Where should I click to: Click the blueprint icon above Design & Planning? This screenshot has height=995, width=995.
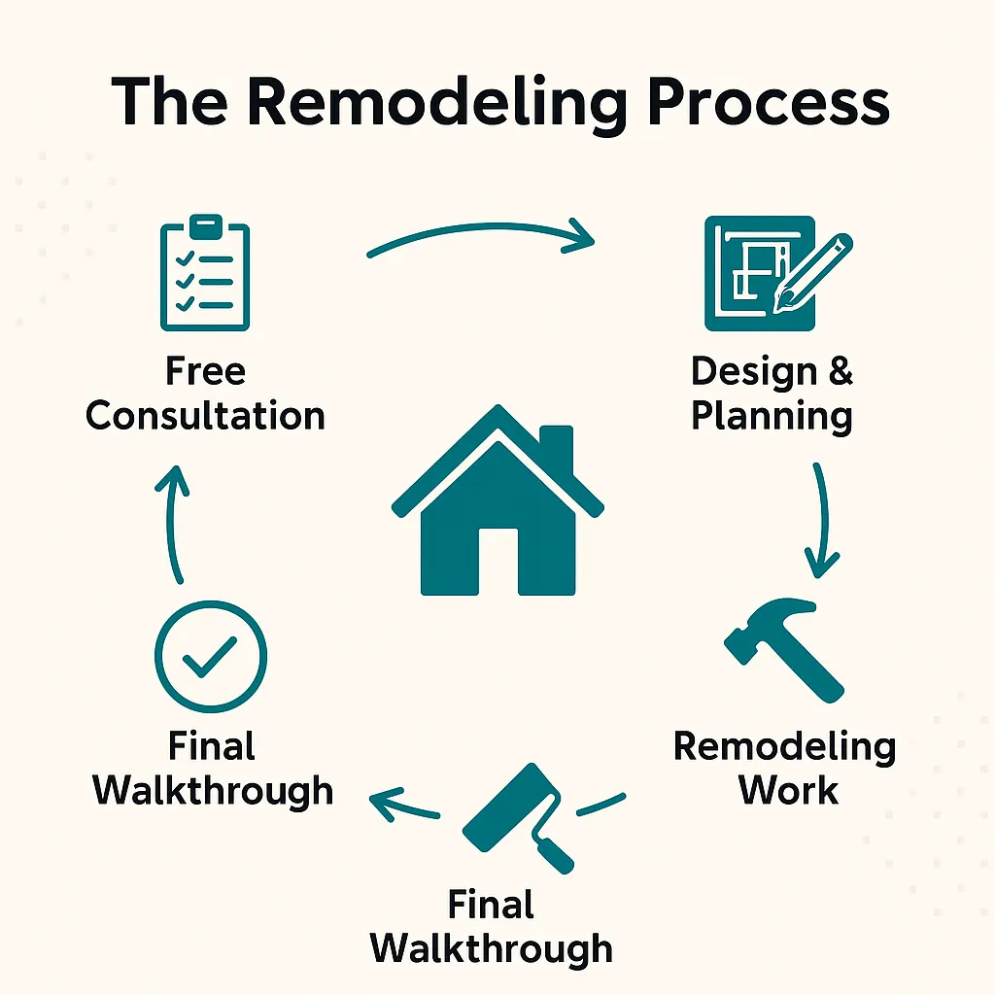point(760,273)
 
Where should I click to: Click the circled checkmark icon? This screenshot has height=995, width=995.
point(211,658)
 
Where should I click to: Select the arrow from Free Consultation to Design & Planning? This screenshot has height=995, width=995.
point(480,238)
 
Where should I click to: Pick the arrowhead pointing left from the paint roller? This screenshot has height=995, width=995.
point(385,802)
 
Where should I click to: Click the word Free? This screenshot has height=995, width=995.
point(205,371)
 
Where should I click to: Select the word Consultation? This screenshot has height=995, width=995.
point(205,416)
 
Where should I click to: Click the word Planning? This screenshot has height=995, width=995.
point(772,416)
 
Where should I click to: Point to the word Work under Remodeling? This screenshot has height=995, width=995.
point(787,789)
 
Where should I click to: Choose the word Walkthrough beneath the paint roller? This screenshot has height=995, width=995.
point(492,947)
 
